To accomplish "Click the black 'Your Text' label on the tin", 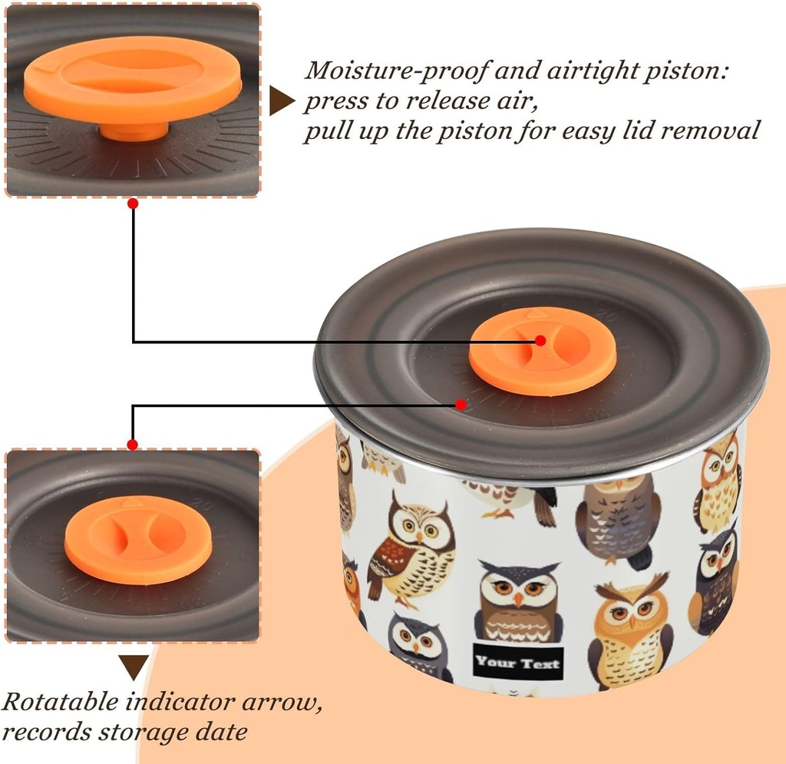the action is click(x=518, y=663).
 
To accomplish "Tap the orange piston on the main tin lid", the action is click(x=543, y=351).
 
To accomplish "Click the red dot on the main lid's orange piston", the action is click(x=540, y=340).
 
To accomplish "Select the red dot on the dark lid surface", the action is click(x=461, y=404).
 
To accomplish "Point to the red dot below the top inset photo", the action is click(x=133, y=203).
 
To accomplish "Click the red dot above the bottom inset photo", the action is click(x=132, y=445).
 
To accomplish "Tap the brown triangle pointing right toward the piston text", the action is click(x=280, y=101).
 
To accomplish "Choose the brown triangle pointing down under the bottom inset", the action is click(x=134, y=666).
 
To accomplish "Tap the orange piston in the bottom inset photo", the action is click(x=138, y=540).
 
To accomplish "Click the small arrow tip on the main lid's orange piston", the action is click(x=535, y=314).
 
